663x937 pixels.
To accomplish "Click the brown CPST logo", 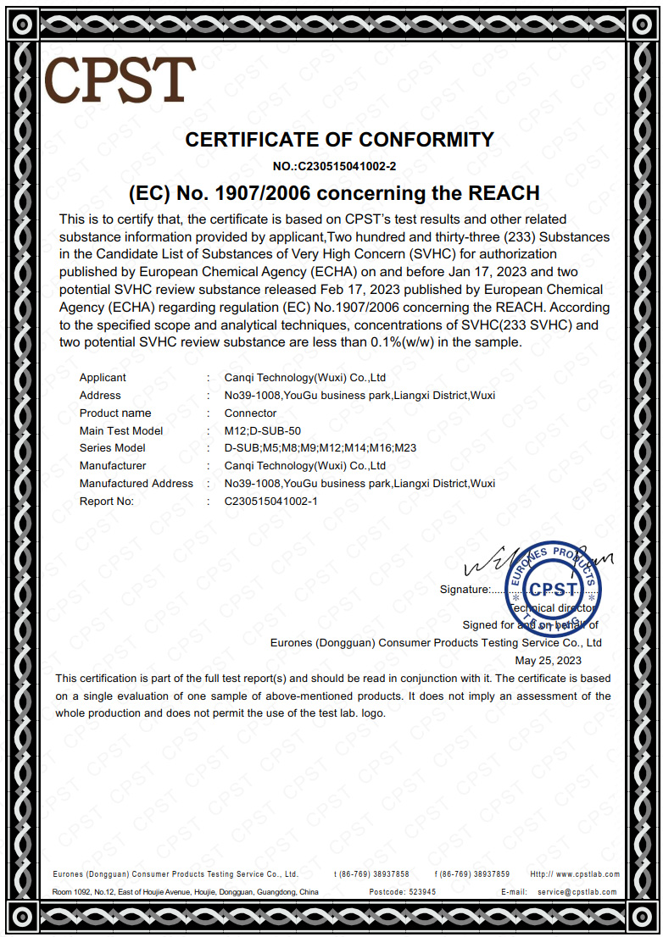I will pyautogui.click(x=120, y=80).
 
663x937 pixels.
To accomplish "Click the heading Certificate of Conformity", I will pyautogui.click(x=339, y=140).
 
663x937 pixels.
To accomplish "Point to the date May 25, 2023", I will pyautogui.click(x=549, y=660).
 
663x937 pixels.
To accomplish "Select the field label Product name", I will pyautogui.click(x=115, y=413).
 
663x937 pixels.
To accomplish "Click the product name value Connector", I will pyautogui.click(x=250, y=413).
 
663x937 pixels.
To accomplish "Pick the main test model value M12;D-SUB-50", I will pyautogui.click(x=263, y=430).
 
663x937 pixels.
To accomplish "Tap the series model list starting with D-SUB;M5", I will pyautogui.click(x=320, y=448).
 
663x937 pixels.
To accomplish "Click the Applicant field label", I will pyautogui.click(x=103, y=378).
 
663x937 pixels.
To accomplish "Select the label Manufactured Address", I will pyautogui.click(x=136, y=483).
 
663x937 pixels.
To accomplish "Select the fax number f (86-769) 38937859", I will pyautogui.click(x=472, y=874).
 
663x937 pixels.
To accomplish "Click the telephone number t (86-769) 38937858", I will pyautogui.click(x=371, y=874).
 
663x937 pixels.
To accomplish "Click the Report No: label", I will pyautogui.click(x=107, y=501).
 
